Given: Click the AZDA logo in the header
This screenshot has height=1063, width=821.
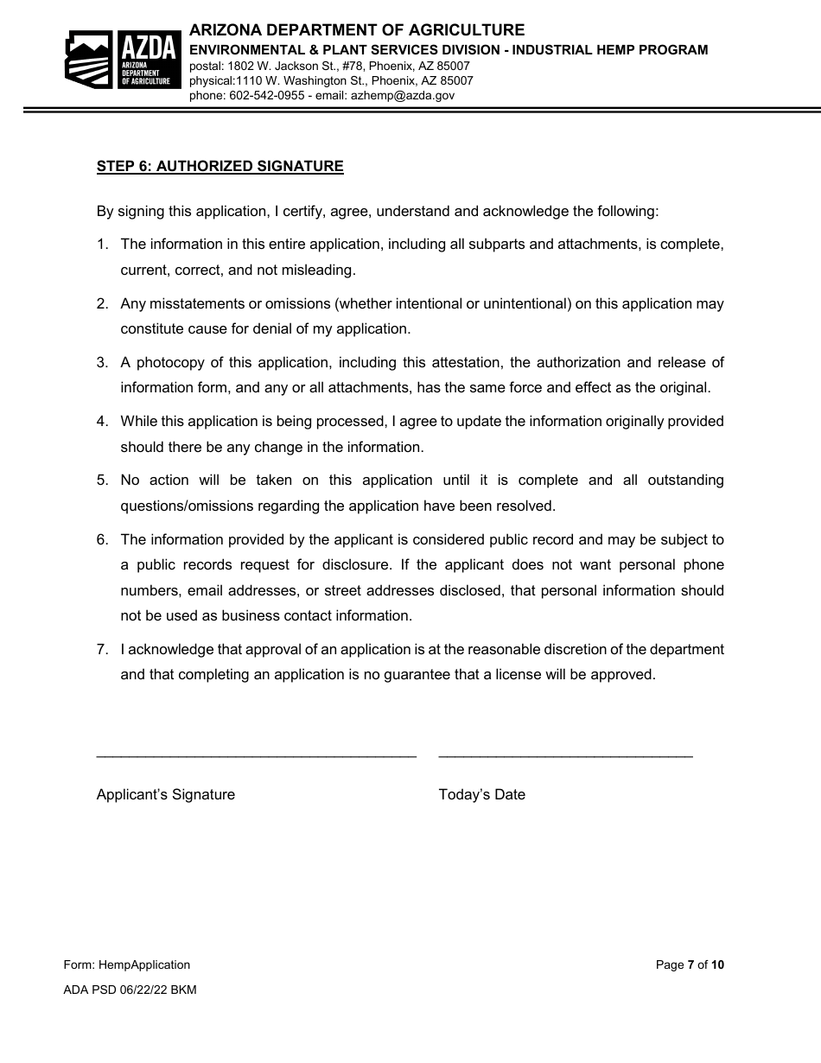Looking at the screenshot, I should tap(122, 60).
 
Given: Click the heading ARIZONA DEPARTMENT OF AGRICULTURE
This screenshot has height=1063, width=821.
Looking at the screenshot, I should tap(357, 31).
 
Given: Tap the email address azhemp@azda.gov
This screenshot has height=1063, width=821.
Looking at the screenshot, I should tap(402, 96).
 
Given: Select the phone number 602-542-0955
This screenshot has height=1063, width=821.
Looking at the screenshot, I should tap(266, 96).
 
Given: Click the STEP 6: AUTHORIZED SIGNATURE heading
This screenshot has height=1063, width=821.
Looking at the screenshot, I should tap(220, 167).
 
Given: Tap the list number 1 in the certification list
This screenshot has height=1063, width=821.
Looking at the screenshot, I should tap(102, 245).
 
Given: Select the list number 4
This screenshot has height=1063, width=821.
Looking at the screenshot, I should tap(102, 422).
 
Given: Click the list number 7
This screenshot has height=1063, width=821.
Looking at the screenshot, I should tap(102, 649).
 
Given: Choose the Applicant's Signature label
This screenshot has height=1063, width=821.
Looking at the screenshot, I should tap(166, 794).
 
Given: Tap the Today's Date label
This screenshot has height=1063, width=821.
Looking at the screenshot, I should tap(481, 794).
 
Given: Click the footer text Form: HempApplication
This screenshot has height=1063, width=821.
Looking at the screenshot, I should tap(127, 964).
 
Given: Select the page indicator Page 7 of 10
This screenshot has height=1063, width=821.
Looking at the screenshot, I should tap(689, 964).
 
